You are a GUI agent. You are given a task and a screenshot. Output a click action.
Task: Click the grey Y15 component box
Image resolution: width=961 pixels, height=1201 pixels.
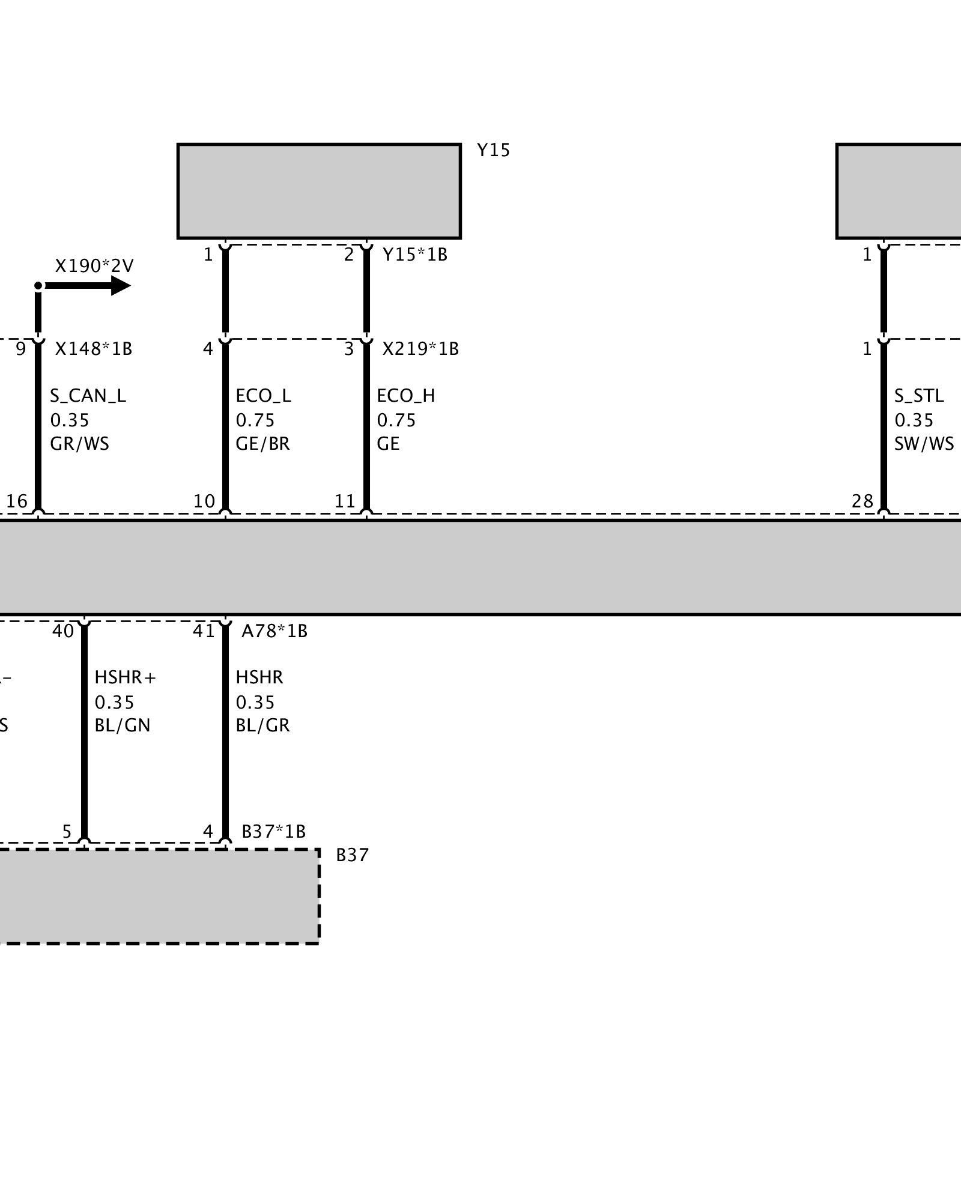[319, 191]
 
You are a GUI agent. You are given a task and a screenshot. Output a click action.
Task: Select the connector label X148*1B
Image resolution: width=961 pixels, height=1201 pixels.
[94, 349]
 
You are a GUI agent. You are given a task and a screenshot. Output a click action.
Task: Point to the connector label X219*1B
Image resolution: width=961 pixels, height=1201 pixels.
[420, 349]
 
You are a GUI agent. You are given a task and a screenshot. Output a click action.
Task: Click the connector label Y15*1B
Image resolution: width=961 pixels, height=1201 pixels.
[415, 255]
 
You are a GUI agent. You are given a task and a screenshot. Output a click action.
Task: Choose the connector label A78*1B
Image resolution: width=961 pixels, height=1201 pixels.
[274, 631]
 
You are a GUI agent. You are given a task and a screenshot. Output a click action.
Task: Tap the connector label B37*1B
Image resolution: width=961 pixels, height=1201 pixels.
[274, 832]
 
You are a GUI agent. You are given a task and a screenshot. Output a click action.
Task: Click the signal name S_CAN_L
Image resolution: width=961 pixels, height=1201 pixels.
[88, 396]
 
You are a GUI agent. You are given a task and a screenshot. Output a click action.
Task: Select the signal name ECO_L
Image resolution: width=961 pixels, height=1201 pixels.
[263, 396]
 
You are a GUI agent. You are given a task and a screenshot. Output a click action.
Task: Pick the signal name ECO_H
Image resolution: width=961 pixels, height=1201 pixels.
[406, 396]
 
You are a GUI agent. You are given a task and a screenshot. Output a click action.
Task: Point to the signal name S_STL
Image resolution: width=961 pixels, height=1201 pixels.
[919, 396]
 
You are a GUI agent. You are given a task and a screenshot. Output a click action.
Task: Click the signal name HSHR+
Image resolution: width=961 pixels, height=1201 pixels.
[125, 677]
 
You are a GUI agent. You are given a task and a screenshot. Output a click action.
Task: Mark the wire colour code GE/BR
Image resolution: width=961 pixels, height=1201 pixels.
[262, 444]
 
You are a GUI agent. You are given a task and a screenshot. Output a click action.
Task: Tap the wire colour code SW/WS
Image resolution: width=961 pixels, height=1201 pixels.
[924, 444]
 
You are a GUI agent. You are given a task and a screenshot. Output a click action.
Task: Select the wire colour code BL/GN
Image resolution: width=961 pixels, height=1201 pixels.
[123, 725]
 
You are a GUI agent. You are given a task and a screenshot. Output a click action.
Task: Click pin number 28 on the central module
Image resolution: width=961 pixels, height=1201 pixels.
[862, 501]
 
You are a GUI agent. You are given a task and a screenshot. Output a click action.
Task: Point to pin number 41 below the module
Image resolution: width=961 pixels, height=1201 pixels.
[204, 631]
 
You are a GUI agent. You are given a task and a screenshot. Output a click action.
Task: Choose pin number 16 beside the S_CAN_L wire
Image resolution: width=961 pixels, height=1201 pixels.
[17, 501]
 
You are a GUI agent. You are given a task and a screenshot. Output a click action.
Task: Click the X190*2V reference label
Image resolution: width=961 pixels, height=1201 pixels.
[94, 266]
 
